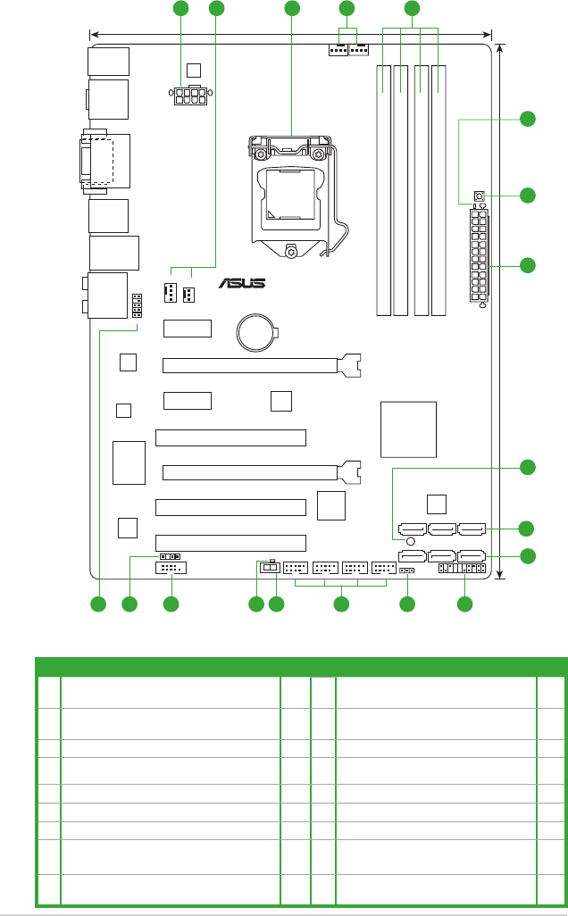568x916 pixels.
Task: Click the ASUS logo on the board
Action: tap(243, 285)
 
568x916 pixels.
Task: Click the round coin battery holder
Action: tap(257, 335)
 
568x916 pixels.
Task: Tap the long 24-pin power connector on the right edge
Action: tap(479, 256)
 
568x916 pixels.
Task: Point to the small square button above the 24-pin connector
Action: tap(480, 196)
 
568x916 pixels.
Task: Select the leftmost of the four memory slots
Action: tap(384, 189)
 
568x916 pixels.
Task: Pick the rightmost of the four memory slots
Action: tap(439, 189)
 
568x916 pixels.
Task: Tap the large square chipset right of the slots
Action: tap(408, 429)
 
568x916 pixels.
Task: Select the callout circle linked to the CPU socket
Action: tap(291, 9)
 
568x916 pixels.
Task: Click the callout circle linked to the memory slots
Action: tap(411, 9)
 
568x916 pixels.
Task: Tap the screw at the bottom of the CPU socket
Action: tap(292, 252)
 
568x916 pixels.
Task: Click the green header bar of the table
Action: tap(301, 666)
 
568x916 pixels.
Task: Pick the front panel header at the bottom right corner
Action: tap(462, 569)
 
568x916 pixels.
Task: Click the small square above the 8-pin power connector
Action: tap(195, 70)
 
